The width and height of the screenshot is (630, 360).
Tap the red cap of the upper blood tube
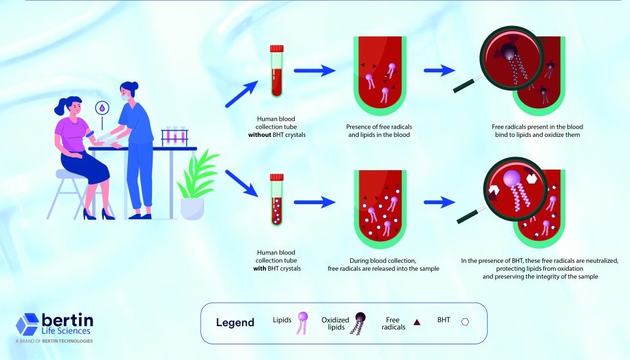point(277,48)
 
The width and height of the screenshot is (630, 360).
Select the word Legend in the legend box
point(235,323)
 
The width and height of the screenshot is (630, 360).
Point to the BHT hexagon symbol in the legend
point(465,322)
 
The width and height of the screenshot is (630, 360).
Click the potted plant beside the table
point(193,186)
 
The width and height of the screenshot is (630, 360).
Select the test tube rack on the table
point(174,137)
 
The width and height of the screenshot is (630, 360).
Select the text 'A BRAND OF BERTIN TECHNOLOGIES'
point(54,340)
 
